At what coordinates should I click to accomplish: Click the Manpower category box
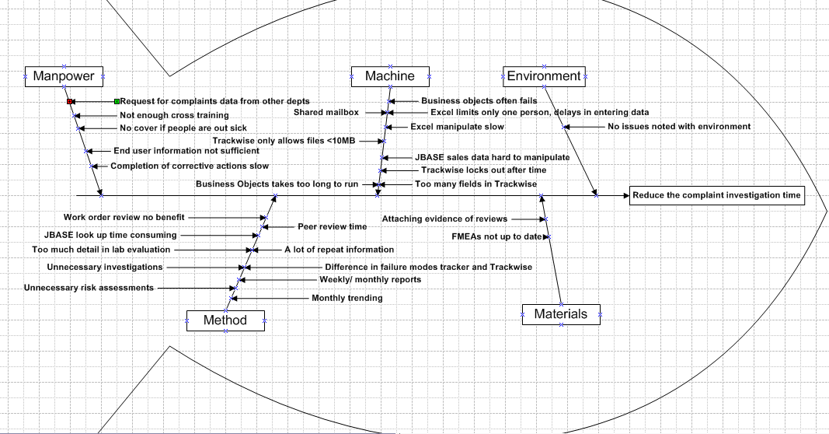coord(64,76)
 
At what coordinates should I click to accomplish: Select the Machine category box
coord(389,76)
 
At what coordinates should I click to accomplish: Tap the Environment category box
coord(544,76)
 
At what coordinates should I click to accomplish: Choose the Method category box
coord(225,320)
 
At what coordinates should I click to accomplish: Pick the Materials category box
coord(561,314)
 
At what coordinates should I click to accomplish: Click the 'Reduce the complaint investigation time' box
coord(716,195)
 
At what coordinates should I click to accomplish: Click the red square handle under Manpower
coord(69,102)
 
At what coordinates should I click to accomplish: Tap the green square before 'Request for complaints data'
coord(117,101)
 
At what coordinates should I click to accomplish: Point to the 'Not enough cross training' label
coord(163,115)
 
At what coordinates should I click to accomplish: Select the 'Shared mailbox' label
coord(326,113)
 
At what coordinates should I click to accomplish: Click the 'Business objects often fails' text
coord(479,101)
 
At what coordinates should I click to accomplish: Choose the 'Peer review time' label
coord(333,227)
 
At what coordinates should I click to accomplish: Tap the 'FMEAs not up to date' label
coord(496,236)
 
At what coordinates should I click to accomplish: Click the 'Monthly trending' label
coord(347,298)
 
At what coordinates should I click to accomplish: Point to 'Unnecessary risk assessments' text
coord(88,288)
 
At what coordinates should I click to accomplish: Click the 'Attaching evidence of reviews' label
coord(444,219)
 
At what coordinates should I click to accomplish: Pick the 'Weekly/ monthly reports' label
coord(371,279)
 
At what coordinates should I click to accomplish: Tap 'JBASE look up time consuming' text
coord(110,235)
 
